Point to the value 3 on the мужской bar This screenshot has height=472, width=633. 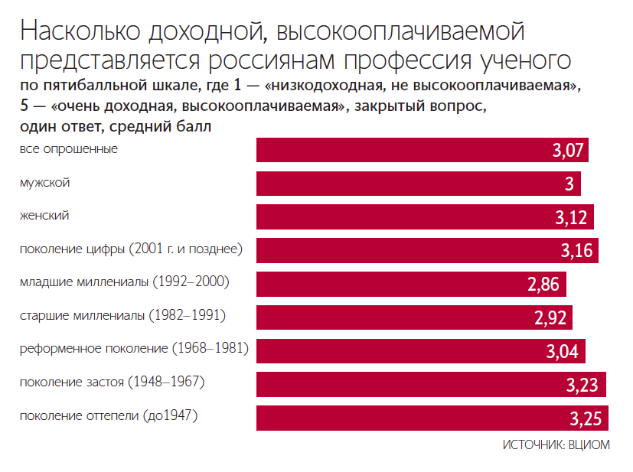tap(569, 184)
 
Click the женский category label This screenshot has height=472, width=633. tap(44, 216)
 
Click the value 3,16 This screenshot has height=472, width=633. tap(576, 251)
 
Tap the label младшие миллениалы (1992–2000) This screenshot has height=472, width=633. tap(125, 282)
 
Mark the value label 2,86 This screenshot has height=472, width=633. tap(545, 285)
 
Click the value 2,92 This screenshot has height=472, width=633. tap(550, 318)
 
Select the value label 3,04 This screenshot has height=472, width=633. tap(563, 352)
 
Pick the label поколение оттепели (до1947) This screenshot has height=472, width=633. tap(109, 416)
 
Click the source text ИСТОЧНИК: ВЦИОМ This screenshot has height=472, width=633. tap(556, 445)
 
